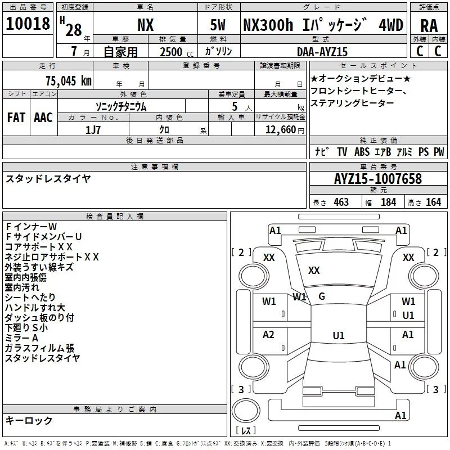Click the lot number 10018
pos(28,24)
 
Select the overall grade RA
pos(429,26)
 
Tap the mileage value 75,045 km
pos(69,81)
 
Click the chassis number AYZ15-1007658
pos(378,179)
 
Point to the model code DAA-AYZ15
pos(322,52)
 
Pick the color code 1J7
pos(93,130)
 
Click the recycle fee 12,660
pos(280,130)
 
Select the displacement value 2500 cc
pos(177,52)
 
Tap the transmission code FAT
pos(16,118)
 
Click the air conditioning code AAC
pos(43,118)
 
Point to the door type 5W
pos(218,25)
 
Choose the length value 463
pos(341,202)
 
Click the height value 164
pos(433,202)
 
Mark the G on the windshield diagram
pos(322,296)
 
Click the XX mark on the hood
pos(314,271)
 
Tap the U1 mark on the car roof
pos(339,335)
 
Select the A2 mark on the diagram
pos(268,335)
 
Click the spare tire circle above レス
pos(246,411)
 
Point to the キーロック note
pos(29,421)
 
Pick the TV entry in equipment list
pos(342,151)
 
